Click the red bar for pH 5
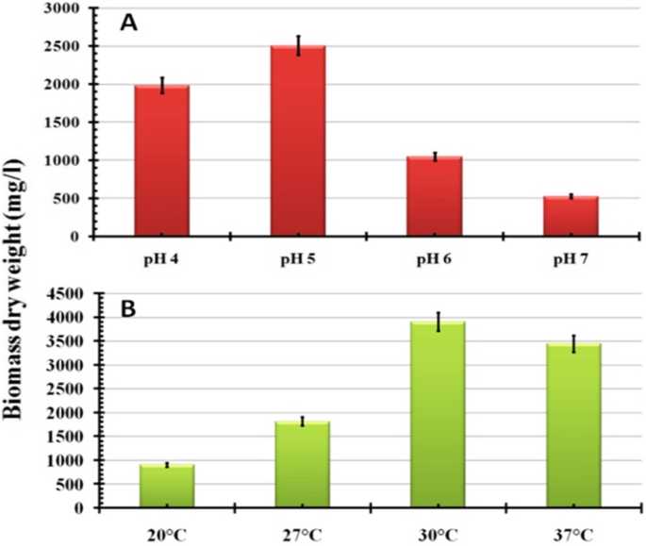pos(298,141)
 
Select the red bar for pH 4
pos(161,160)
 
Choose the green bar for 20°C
pos(167,486)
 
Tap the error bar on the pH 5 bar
pos(298,45)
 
